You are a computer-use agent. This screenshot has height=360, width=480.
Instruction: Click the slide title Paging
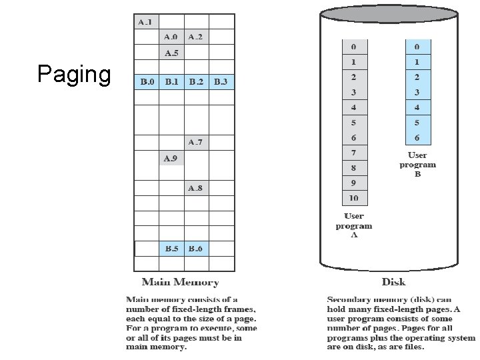click(x=74, y=74)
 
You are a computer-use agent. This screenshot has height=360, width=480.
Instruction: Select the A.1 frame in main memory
click(x=146, y=22)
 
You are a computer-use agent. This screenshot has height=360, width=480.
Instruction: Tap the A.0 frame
click(x=171, y=37)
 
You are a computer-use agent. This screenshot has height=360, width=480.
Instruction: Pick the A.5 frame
click(x=171, y=53)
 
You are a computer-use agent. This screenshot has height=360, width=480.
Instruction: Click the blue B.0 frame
click(x=146, y=82)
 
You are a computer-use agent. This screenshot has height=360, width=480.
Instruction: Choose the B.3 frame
click(x=221, y=82)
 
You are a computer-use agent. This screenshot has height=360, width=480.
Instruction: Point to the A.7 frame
click(x=195, y=142)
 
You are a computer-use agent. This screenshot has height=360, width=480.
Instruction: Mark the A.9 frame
click(x=171, y=158)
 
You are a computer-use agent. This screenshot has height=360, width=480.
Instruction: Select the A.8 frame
click(x=195, y=188)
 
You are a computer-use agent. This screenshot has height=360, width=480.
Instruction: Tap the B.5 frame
click(x=171, y=249)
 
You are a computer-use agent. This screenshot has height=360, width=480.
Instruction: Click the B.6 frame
click(x=195, y=249)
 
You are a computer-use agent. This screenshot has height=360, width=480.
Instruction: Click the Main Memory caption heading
click(x=180, y=282)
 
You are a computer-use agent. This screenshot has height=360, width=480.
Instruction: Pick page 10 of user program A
click(x=353, y=198)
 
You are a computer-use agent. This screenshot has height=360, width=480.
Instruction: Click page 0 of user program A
click(x=353, y=47)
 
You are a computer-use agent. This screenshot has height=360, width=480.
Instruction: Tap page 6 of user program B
click(x=417, y=137)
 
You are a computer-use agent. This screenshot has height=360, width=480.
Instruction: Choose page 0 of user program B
click(x=417, y=47)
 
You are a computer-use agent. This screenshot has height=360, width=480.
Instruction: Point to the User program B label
click(x=417, y=164)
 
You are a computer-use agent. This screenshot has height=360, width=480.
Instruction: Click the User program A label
click(x=353, y=225)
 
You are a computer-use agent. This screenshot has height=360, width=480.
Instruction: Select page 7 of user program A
click(x=353, y=153)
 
